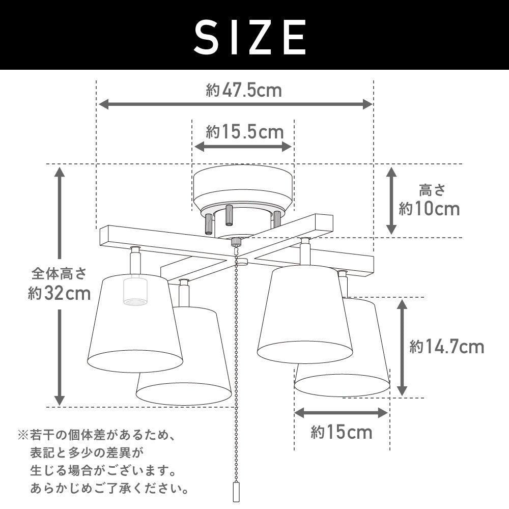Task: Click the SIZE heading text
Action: coord(250,37)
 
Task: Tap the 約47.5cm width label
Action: coord(244,90)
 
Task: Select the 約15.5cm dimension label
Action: coord(244,132)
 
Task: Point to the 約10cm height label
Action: coord(429,209)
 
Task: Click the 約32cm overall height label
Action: coord(59,294)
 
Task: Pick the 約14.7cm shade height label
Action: coord(447,347)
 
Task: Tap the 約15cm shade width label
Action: coord(342,432)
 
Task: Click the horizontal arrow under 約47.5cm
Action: coord(236,104)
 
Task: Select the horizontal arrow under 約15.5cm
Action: coord(243,147)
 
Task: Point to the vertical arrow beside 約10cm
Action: coord(391,201)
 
